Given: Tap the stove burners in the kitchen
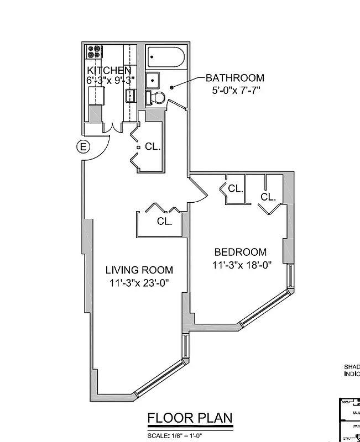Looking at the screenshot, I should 94,52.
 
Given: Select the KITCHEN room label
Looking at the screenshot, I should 109,70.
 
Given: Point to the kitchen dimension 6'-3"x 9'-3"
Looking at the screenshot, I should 111,80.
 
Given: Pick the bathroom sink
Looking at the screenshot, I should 153,81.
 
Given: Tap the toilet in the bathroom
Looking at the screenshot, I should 156,98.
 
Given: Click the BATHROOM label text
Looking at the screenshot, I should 235,78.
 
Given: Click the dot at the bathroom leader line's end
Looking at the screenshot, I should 172,87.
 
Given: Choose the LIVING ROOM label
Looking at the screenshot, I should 139,270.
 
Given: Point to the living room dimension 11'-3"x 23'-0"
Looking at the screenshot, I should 139,283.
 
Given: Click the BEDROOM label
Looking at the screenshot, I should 239,252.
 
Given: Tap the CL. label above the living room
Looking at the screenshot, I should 164,221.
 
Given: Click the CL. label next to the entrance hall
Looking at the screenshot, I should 153,147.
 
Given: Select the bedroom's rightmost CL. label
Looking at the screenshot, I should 268,197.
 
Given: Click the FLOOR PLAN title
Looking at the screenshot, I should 190,418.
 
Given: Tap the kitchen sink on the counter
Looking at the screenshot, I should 131,96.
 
